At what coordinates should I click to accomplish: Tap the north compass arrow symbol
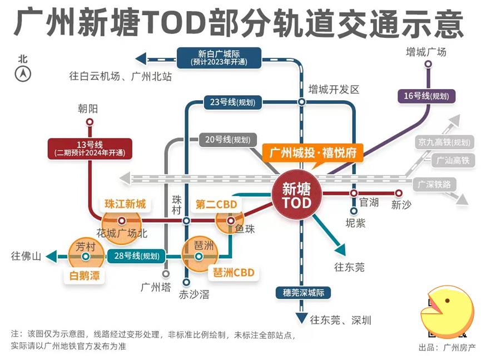(x=23, y=73)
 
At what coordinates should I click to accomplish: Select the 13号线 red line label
(x=90, y=148)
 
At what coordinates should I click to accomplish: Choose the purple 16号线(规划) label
(x=426, y=96)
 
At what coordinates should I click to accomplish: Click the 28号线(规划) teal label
(x=136, y=257)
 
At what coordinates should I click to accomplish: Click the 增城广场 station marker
(x=428, y=65)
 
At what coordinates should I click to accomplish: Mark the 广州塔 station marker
(x=166, y=274)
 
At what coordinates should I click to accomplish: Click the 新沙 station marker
(x=398, y=193)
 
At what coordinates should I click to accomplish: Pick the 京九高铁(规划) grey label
(x=445, y=142)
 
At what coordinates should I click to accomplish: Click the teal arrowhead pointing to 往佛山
(x=52, y=257)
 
